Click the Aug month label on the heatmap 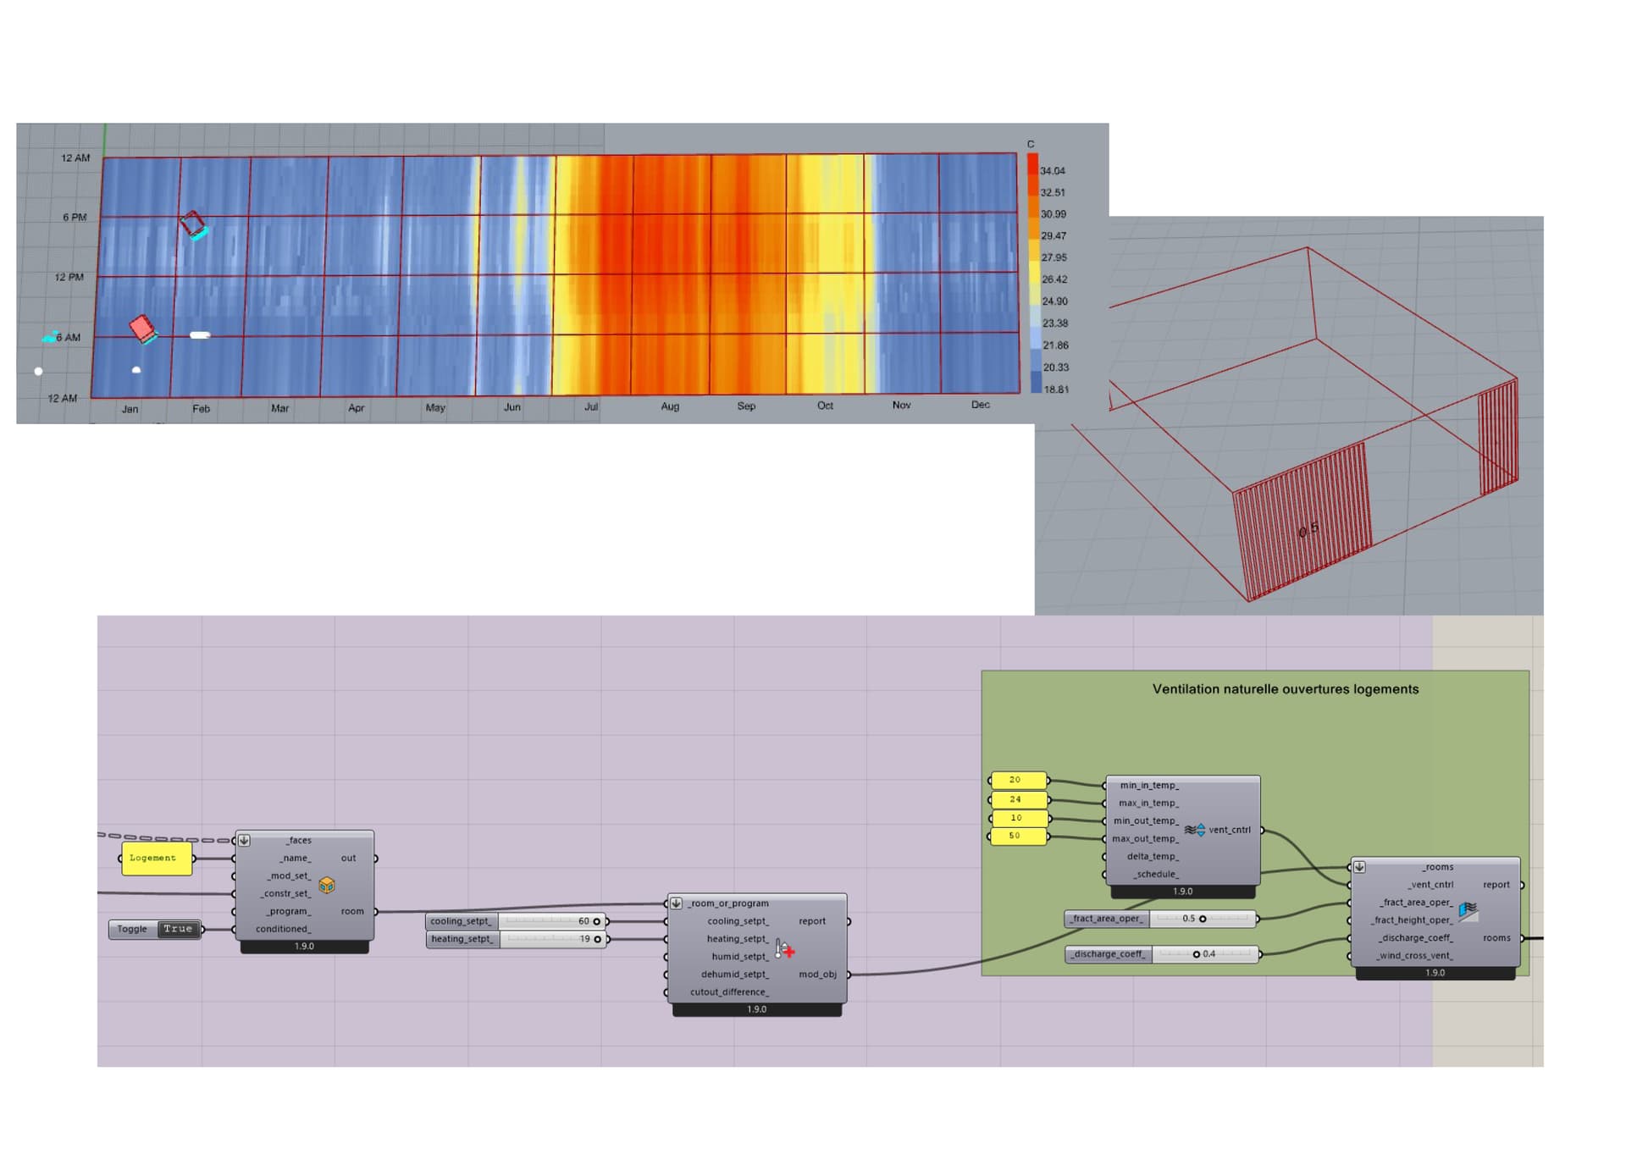click(670, 406)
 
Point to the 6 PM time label click(75, 218)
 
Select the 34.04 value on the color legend click(1053, 171)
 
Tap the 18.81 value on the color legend click(1056, 389)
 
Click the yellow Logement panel click(156, 859)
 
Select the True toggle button click(178, 929)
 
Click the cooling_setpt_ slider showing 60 click(550, 921)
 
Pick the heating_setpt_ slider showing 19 click(550, 939)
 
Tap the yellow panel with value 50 click(1016, 836)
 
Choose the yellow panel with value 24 click(1016, 799)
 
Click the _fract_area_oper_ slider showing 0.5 click(1202, 919)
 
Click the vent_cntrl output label click(1230, 830)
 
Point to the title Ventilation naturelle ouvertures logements click(1285, 689)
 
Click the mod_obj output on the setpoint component click(817, 975)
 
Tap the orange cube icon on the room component click(327, 885)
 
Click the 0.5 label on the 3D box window click(1308, 529)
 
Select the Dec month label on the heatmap click(980, 405)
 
